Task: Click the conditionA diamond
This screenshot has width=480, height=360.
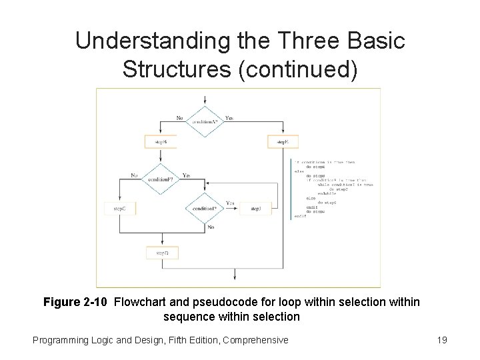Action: click(x=205, y=123)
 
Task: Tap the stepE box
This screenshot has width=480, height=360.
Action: click(x=283, y=143)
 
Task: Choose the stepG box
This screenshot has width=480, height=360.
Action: click(x=119, y=209)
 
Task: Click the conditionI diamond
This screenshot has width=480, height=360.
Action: click(x=205, y=209)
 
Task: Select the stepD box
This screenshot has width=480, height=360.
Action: click(x=162, y=254)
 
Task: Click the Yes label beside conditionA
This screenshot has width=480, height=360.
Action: click(x=230, y=118)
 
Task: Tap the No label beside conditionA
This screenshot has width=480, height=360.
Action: click(x=180, y=118)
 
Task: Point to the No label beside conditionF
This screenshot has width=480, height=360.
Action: click(x=135, y=175)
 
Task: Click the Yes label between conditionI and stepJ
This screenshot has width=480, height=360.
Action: click(x=230, y=203)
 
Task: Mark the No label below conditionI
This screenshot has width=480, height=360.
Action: click(x=211, y=227)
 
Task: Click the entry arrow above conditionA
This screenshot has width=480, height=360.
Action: click(x=205, y=99)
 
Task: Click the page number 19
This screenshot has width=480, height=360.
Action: click(x=440, y=340)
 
